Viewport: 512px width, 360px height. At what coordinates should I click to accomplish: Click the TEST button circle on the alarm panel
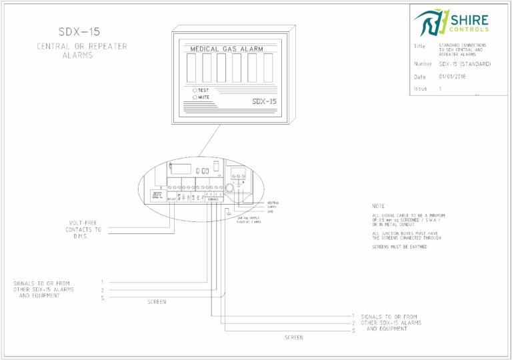click(195, 90)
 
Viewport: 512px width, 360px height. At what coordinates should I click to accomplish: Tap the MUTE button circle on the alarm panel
click(195, 97)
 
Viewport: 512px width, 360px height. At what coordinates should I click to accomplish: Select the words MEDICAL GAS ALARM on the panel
click(227, 49)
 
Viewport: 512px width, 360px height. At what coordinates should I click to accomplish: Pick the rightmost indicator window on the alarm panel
click(268, 67)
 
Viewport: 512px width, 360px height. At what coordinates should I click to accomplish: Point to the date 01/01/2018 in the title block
click(454, 77)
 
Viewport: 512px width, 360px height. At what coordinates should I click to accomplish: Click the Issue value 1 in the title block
click(441, 89)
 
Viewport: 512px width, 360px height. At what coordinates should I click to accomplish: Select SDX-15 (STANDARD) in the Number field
click(465, 64)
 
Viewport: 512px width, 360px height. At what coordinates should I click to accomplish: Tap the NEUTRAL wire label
click(273, 202)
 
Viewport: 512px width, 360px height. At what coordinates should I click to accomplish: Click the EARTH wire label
click(271, 207)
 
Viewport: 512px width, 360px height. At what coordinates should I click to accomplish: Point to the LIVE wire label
click(270, 211)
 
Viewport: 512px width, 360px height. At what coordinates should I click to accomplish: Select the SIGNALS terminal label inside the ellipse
click(213, 199)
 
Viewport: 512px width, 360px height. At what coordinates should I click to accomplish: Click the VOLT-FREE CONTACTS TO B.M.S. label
click(84, 229)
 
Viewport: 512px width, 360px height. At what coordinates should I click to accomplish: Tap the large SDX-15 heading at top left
click(79, 31)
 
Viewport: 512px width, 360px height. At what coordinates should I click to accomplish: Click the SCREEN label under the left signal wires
click(156, 303)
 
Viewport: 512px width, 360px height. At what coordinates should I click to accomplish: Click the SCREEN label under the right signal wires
click(294, 338)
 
